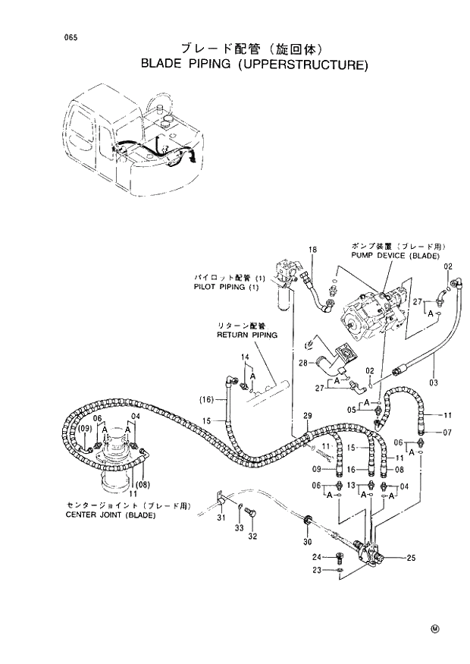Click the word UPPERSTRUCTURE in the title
pyautogui.click(x=303, y=65)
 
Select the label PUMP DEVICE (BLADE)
pyautogui.click(x=395, y=256)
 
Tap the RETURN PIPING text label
pyautogui.click(x=247, y=334)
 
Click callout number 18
pyautogui.click(x=312, y=250)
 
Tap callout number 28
pyautogui.click(x=302, y=363)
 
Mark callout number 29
pyautogui.click(x=307, y=415)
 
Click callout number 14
pyautogui.click(x=246, y=357)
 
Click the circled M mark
pyautogui.click(x=436, y=629)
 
